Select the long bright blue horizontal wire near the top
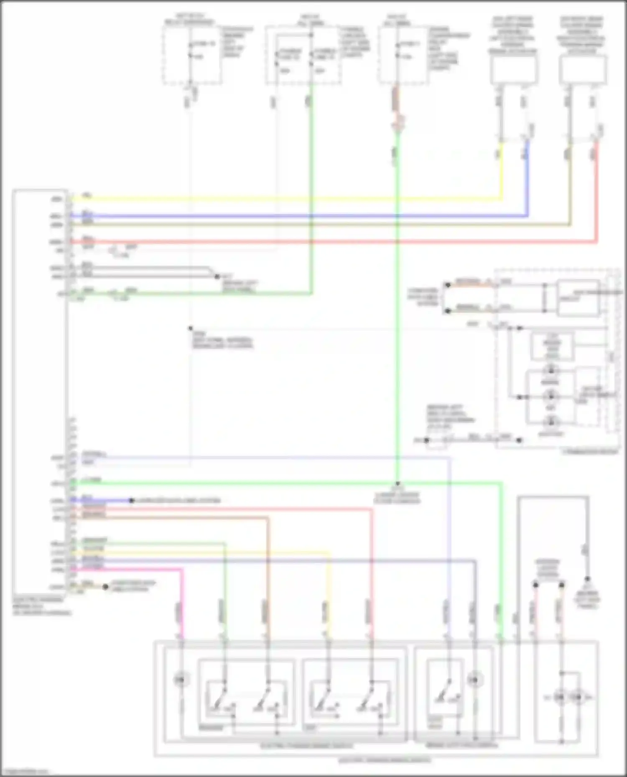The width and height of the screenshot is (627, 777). [x=293, y=216]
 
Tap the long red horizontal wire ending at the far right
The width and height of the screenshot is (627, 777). [x=334, y=242]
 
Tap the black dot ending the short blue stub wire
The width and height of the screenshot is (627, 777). [x=131, y=500]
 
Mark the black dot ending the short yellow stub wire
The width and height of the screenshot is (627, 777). [x=105, y=587]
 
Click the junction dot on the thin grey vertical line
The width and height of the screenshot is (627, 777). [x=190, y=328]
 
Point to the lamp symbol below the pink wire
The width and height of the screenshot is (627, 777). [x=181, y=680]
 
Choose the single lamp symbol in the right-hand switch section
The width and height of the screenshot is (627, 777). [x=474, y=680]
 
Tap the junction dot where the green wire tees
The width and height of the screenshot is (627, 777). [x=398, y=483]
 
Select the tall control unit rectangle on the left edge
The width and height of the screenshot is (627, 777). [x=40, y=392]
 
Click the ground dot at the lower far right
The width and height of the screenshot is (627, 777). [x=587, y=579]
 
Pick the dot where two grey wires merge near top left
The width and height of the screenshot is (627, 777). [x=217, y=276]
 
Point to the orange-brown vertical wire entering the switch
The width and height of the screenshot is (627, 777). [x=268, y=585]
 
